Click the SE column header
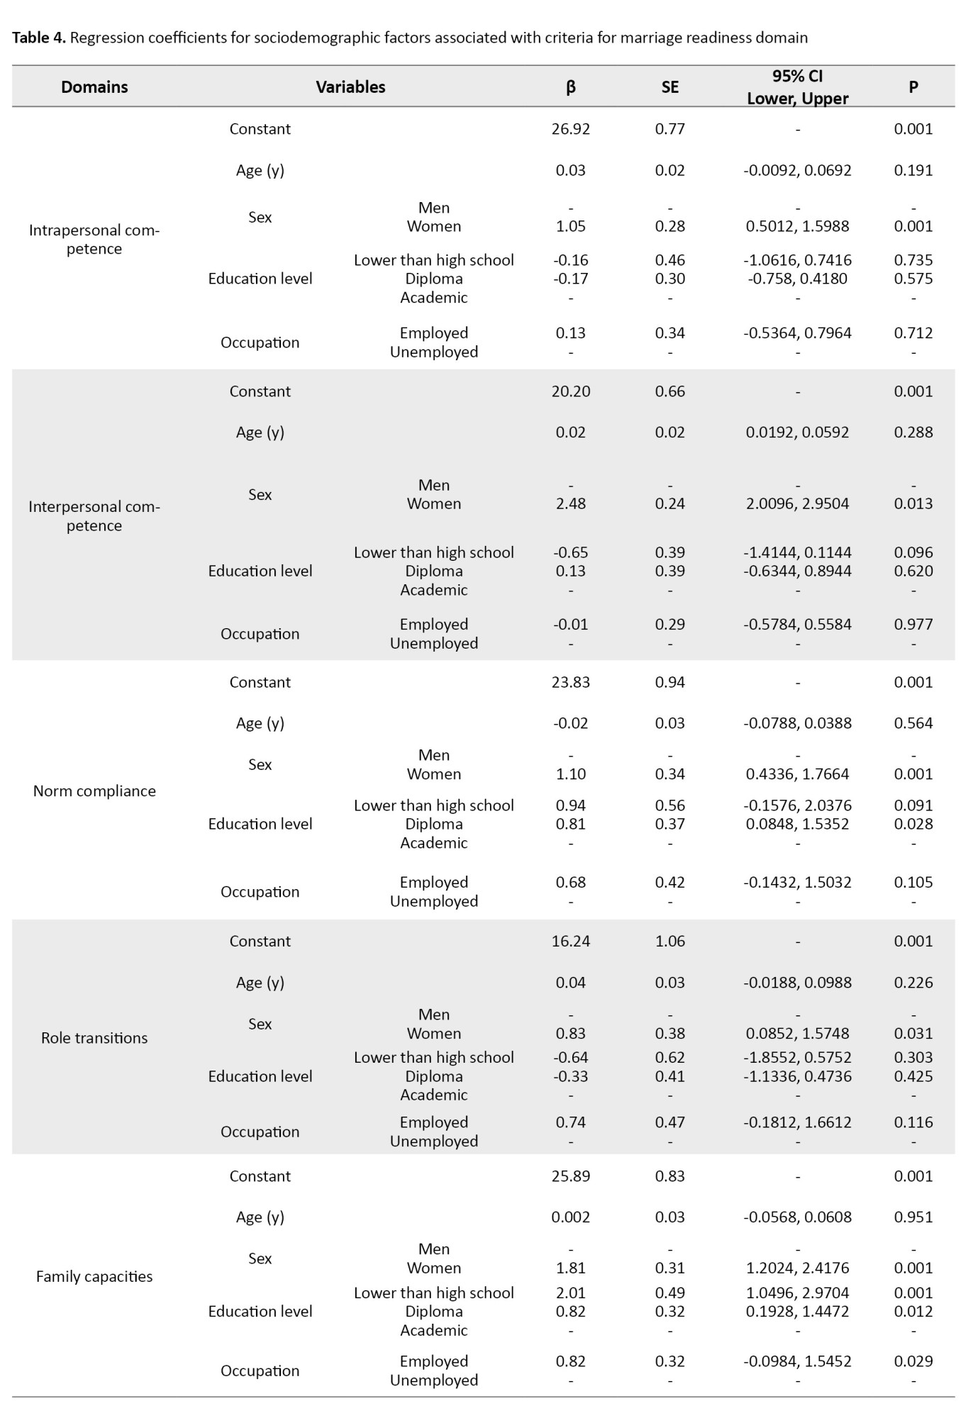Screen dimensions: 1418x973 (x=669, y=87)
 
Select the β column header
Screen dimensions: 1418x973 (x=571, y=87)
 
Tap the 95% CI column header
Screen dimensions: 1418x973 (x=797, y=86)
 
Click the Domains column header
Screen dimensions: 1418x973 (x=94, y=87)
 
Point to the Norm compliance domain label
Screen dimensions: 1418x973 (x=94, y=791)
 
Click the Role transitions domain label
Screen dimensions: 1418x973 (x=94, y=1038)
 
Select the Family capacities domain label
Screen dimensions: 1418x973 (x=94, y=1277)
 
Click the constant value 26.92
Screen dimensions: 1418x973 (x=571, y=129)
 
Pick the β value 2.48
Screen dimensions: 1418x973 (x=571, y=504)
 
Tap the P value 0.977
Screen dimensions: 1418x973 (x=913, y=625)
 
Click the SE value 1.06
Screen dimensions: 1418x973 (x=669, y=942)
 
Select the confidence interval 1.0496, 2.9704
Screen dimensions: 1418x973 (x=797, y=1293)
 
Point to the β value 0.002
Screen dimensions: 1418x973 (x=571, y=1217)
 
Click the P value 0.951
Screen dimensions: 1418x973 (x=913, y=1217)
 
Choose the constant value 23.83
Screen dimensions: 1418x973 (x=571, y=683)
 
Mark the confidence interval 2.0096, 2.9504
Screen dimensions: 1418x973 (x=797, y=504)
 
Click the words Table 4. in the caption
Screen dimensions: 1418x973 (x=39, y=38)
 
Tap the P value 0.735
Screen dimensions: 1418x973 (x=913, y=260)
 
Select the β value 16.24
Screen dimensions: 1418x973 (x=571, y=942)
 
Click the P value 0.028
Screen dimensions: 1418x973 (x=913, y=825)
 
